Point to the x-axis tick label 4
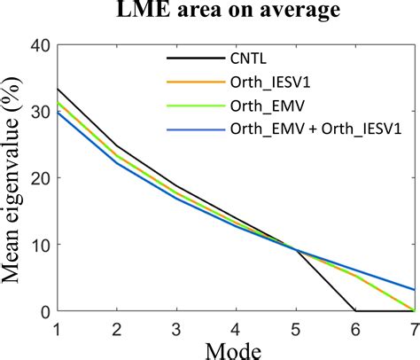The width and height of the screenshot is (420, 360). (236, 327)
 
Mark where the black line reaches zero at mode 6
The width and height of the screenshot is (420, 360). (354, 311)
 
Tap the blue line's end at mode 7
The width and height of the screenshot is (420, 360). (413, 289)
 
